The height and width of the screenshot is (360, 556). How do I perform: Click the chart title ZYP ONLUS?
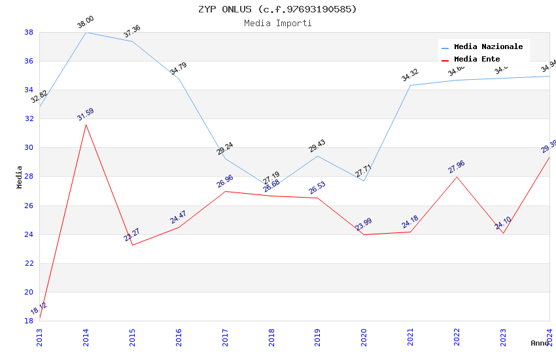click(277, 9)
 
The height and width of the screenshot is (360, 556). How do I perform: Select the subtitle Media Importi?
click(277, 23)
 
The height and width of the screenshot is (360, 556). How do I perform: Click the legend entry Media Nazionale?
click(488, 46)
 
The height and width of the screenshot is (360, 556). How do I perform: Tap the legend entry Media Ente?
click(477, 59)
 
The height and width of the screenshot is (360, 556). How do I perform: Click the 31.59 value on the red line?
click(86, 116)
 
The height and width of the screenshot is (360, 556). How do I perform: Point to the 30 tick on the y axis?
click(29, 148)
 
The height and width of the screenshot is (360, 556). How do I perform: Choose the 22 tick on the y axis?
click(29, 263)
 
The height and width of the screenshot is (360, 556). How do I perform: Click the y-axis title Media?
click(20, 177)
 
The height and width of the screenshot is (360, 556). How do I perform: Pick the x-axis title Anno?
click(540, 343)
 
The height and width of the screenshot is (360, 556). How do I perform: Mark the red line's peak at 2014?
click(86, 124)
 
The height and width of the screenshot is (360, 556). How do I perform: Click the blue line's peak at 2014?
click(86, 32)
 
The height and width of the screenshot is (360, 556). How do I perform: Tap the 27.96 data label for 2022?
click(457, 167)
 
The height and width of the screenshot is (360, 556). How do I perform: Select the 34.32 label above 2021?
click(410, 75)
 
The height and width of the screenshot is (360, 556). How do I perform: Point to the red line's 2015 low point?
click(132, 245)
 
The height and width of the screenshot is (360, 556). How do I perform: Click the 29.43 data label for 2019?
click(317, 146)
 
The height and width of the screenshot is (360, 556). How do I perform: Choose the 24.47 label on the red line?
click(179, 217)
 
